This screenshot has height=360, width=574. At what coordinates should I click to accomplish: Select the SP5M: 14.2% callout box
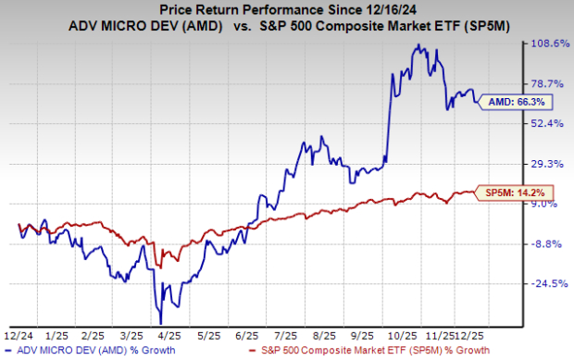tap(506, 192)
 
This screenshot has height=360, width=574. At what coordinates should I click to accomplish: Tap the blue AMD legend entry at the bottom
tap(111, 352)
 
